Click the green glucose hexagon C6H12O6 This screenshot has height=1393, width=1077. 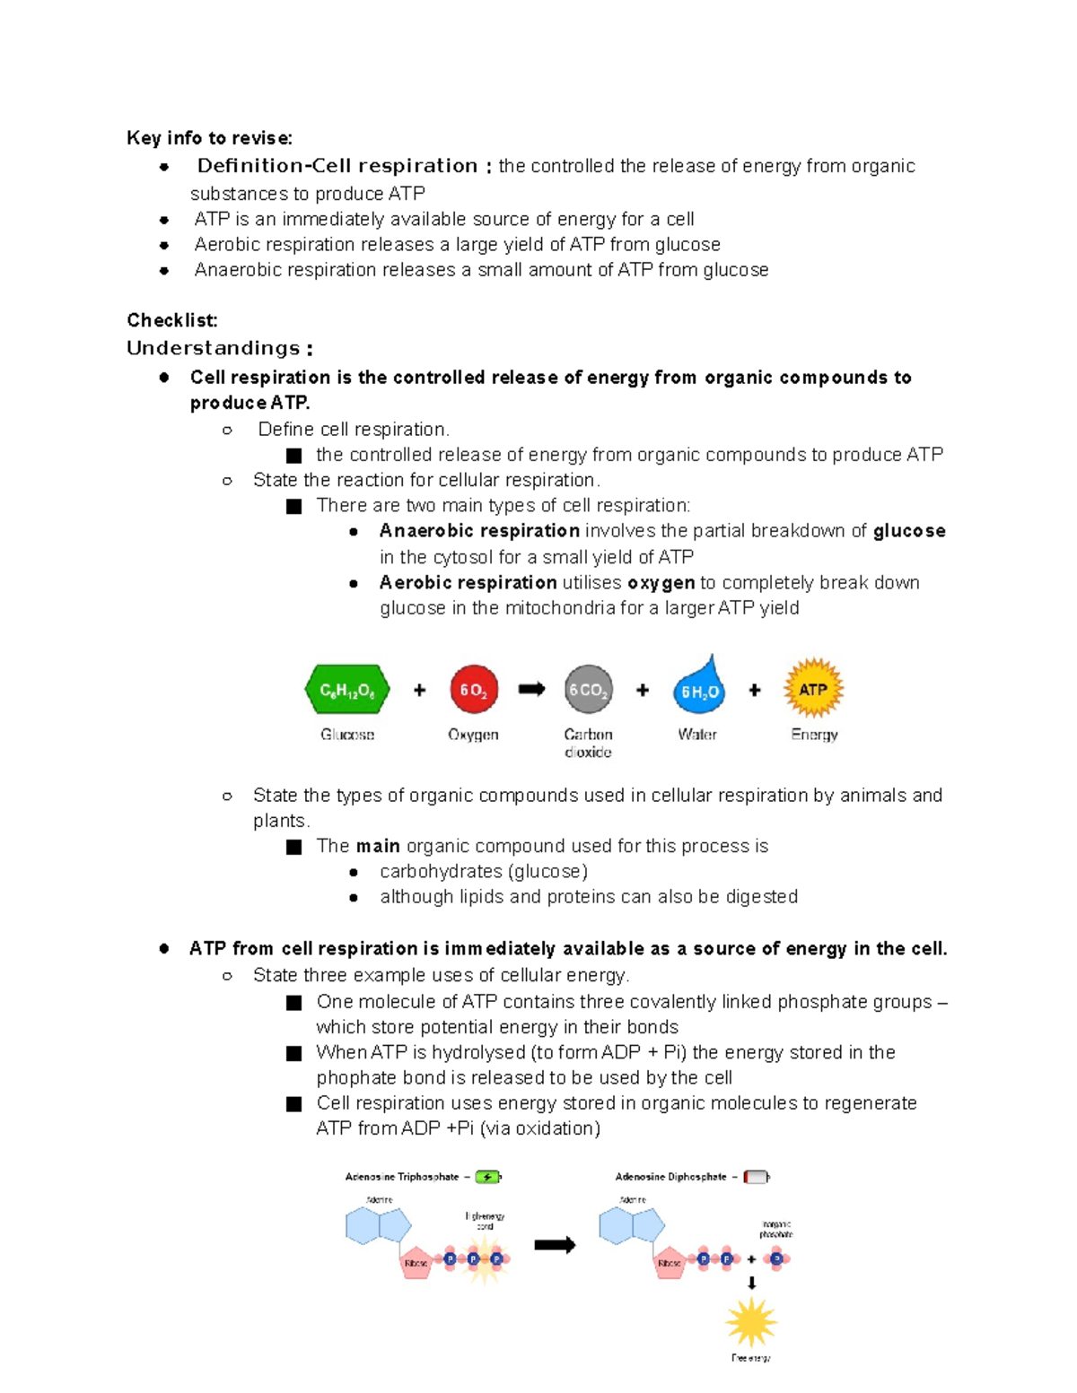347,691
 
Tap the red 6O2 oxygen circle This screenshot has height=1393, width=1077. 473,690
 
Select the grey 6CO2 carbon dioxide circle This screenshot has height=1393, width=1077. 588,690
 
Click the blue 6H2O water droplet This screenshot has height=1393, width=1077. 698,690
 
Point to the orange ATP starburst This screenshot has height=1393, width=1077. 813,689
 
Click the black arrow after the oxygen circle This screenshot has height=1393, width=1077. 531,689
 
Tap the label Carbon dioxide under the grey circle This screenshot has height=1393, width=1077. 588,743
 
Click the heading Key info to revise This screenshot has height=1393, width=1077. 209,138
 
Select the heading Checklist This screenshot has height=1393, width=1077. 171,320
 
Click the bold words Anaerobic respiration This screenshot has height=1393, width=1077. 479,531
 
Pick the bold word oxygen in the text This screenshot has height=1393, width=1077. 661,583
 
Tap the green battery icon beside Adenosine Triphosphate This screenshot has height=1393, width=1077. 487,1177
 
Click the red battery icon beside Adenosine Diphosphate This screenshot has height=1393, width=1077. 756,1177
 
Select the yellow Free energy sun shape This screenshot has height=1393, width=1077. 750,1322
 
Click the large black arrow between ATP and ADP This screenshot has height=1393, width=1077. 555,1245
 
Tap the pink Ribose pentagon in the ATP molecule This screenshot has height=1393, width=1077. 416,1262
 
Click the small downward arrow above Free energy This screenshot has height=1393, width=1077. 751,1284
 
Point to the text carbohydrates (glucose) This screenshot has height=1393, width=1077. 483,872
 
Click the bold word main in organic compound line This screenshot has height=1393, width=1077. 377,846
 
